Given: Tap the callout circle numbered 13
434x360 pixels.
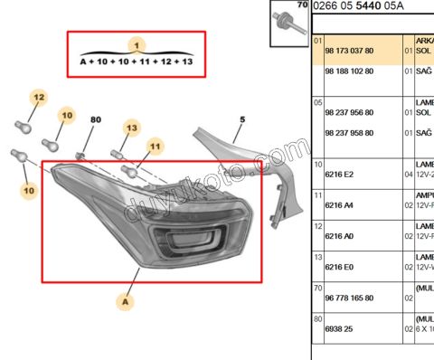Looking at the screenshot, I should pyautogui.click(x=132, y=129).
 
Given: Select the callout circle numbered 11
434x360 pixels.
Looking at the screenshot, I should pyautogui.click(x=155, y=146).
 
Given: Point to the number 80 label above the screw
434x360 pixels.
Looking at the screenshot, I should pyautogui.click(x=95, y=119).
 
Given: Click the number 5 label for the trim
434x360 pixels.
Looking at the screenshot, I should pyautogui.click(x=241, y=119).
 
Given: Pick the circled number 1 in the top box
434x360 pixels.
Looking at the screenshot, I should pyautogui.click(x=136, y=44).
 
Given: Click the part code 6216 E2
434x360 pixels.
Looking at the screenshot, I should pyautogui.click(x=338, y=174).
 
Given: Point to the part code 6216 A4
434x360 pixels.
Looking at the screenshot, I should pyautogui.click(x=338, y=205).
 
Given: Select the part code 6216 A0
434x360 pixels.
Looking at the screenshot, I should pyautogui.click(x=338, y=236).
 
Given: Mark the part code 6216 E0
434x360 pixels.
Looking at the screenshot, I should pyautogui.click(x=338, y=267).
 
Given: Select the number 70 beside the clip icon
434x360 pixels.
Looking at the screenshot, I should pyautogui.click(x=302, y=5).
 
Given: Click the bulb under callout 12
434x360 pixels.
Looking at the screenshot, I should pyautogui.click(x=24, y=126).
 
